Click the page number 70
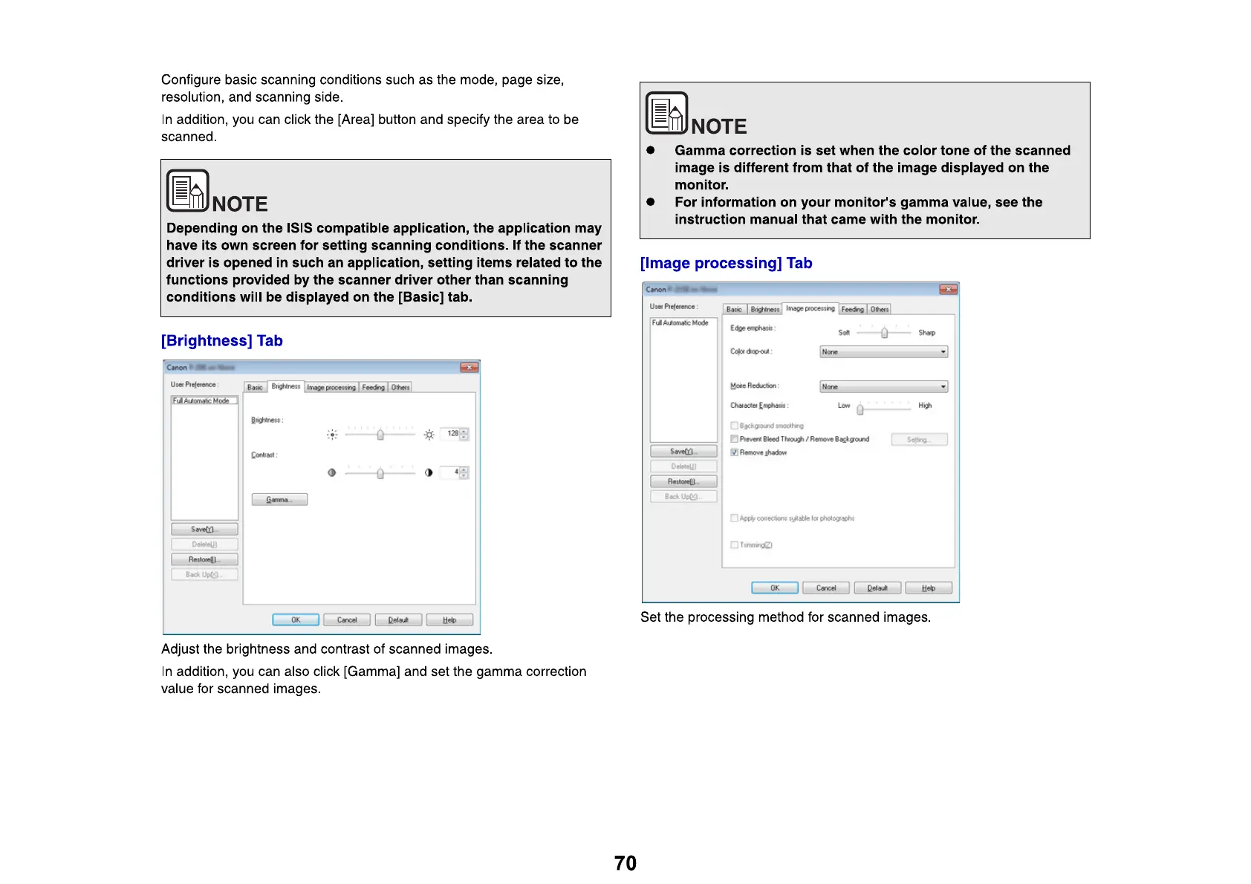coord(625,863)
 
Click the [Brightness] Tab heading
coord(221,341)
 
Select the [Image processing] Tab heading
coord(726,264)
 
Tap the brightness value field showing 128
coord(452,434)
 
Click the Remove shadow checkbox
coord(734,452)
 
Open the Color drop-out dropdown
coord(883,352)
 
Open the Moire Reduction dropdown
coord(883,387)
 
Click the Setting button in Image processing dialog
coord(919,440)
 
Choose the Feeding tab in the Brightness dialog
coord(373,388)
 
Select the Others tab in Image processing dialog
coord(880,310)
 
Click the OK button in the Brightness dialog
coord(296,620)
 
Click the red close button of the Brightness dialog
coord(469,368)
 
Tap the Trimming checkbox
coord(734,545)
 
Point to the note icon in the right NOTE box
coord(666,113)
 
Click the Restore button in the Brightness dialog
coord(204,559)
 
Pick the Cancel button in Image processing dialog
coord(826,588)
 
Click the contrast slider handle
coord(380,473)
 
